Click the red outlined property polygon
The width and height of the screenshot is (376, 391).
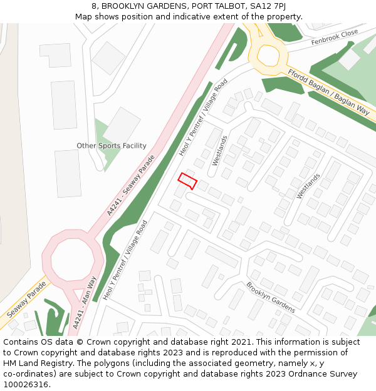click(x=187, y=181)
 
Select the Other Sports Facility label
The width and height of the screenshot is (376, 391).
click(x=112, y=146)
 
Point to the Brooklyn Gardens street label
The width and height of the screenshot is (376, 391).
click(x=270, y=297)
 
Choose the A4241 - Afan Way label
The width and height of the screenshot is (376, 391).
click(x=85, y=303)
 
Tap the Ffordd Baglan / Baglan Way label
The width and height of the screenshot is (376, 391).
click(x=328, y=90)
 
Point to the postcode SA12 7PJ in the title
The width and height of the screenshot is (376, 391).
click(x=268, y=6)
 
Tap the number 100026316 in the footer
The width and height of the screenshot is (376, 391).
click(x=26, y=385)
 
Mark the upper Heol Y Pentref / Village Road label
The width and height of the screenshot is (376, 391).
click(x=203, y=118)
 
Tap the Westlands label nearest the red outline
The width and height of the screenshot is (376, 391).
click(x=219, y=151)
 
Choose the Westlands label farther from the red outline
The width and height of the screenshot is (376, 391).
click(x=308, y=186)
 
